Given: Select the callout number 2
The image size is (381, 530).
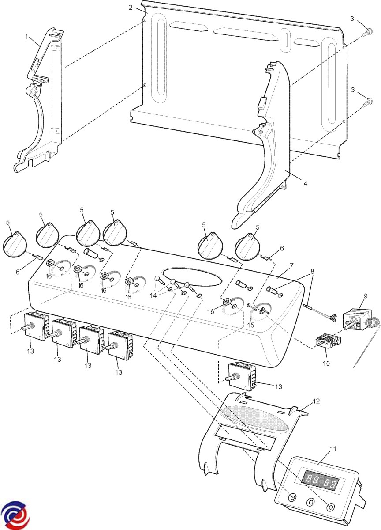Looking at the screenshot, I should coord(131,8).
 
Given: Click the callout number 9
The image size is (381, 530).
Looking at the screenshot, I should coord(366,296).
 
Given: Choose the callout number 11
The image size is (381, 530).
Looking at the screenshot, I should coord(333,449).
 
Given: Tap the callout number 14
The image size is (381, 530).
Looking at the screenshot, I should coord(153,295).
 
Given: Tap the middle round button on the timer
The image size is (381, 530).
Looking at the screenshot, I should coord(310,503).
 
